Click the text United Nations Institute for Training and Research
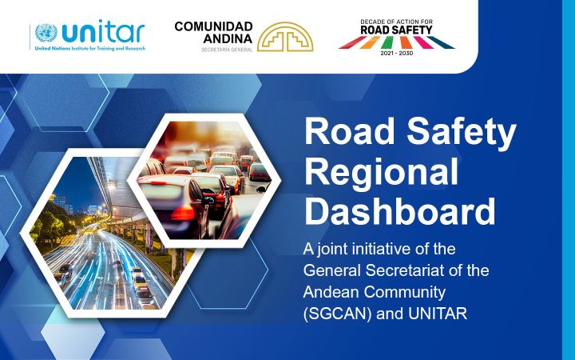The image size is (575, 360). (x=89, y=48)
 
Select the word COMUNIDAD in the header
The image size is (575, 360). (x=214, y=26)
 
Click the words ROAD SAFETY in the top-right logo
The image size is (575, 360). (x=396, y=30)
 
